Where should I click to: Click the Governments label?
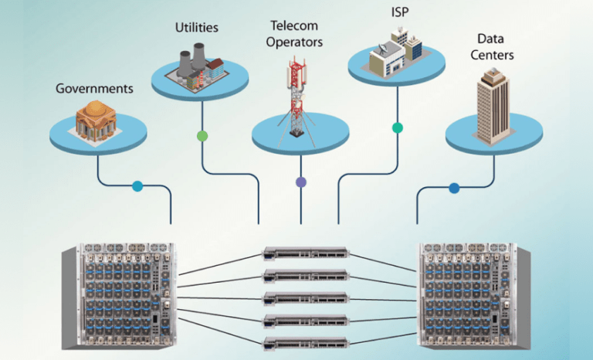tap(94, 89)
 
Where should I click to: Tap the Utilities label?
tap(197, 27)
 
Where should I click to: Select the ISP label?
tap(400, 12)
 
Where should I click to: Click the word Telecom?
tap(294, 25)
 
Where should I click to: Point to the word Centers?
tap(492, 55)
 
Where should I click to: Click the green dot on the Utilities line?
tap(202, 136)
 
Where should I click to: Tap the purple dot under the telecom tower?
tap(300, 182)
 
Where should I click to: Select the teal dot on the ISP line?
tap(398, 128)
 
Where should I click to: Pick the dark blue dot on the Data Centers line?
tap(454, 188)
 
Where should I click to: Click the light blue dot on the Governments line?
tap(137, 186)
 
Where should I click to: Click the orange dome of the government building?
tap(95, 109)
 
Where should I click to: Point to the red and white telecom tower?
tap(296, 97)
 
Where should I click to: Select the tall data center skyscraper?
tap(493, 107)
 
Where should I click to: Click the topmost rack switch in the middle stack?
tap(306, 253)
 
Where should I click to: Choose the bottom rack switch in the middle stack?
tap(306, 342)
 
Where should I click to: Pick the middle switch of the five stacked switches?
tap(306, 298)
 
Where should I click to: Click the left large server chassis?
tap(118, 295)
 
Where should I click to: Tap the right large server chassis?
tap(473, 295)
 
